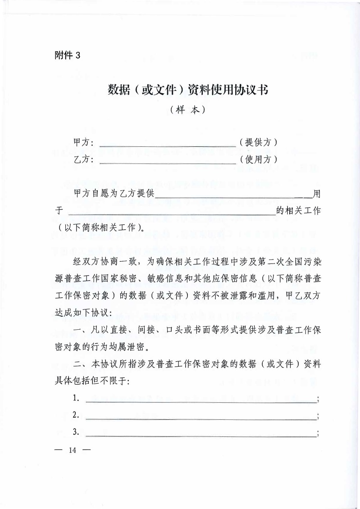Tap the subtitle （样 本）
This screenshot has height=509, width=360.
(x=188, y=109)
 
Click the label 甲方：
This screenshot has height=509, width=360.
(x=84, y=143)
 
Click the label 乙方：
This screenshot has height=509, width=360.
(x=84, y=159)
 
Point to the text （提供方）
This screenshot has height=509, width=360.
(x=258, y=143)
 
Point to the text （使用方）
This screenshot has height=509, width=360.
(x=258, y=159)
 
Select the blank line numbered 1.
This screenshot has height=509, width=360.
(x=201, y=400)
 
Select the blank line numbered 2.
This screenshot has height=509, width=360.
(x=201, y=417)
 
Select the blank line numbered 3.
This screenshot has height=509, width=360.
(x=201, y=434)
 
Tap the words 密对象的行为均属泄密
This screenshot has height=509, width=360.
(x=102, y=348)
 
